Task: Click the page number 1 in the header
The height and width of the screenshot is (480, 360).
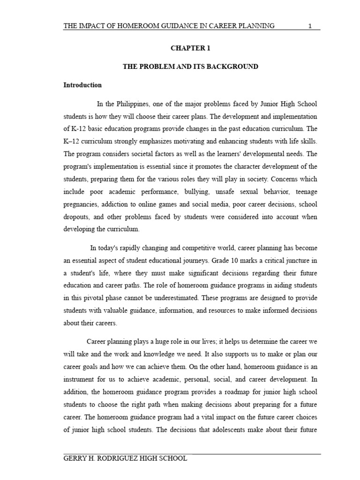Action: pyautogui.click(x=310, y=26)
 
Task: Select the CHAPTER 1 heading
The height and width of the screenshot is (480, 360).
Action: pyautogui.click(x=190, y=48)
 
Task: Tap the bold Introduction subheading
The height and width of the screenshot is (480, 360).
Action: pyautogui.click(x=82, y=85)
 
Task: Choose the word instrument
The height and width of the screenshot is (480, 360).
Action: pyautogui.click(x=80, y=379)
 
